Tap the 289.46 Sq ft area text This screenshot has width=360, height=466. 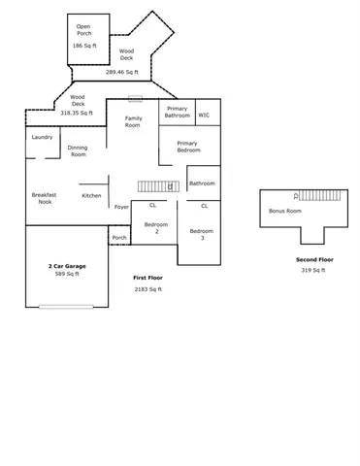122,72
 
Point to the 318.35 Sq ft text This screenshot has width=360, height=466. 78,113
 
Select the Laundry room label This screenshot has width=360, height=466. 42,137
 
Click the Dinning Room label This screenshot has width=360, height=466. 78,150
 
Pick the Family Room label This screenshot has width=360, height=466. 133,121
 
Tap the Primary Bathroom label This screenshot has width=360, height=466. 177,112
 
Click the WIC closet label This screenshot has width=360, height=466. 204,115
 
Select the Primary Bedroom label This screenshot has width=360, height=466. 188,147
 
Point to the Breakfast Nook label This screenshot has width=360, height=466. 44,198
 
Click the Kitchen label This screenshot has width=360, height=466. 91,195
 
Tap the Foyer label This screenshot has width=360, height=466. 121,207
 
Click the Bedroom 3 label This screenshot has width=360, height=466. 202,234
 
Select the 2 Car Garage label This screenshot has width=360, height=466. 67,265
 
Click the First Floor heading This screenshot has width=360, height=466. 147,278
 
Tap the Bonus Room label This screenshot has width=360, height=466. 284,211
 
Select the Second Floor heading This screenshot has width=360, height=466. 313,260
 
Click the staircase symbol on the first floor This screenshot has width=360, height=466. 154,185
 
